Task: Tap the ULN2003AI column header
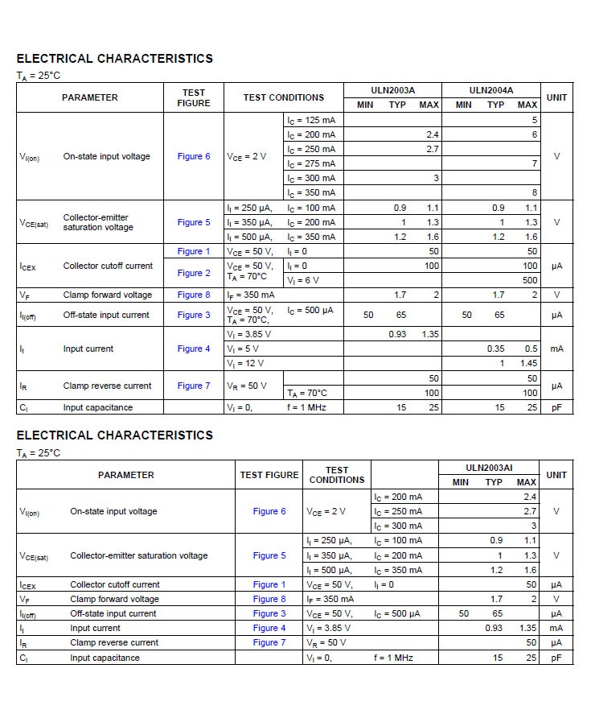coord(489,468)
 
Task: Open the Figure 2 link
coord(194,273)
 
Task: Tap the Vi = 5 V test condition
coord(242,349)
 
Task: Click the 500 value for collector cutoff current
coord(530,280)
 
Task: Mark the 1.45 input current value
coord(527,363)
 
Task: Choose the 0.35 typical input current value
coord(496,349)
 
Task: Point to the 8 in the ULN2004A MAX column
coord(534,192)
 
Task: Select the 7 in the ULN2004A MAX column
coord(534,163)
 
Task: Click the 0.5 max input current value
coord(531,349)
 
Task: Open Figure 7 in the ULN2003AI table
coord(269,642)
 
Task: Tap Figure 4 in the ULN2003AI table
coord(269,628)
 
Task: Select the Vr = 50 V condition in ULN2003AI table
coord(326,642)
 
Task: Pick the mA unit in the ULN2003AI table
coord(556,628)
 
